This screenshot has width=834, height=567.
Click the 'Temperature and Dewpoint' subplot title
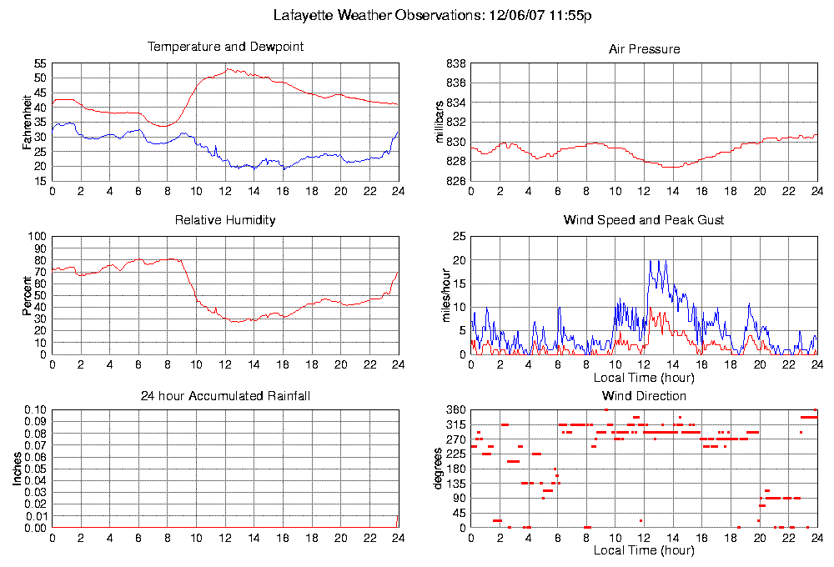point(225,47)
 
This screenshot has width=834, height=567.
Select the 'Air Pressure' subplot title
point(644,49)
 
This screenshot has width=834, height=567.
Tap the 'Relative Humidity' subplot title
point(225,220)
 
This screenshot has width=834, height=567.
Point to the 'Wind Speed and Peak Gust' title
point(644,220)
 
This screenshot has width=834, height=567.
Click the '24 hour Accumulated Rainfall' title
point(225,396)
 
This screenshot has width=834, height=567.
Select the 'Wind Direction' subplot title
point(644,396)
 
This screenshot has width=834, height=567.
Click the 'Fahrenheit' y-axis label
point(27,123)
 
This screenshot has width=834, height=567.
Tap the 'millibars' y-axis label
point(441,123)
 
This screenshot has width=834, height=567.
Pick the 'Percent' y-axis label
point(27,295)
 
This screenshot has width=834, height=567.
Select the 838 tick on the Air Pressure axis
point(455,63)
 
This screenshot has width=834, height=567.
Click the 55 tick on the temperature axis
point(41,63)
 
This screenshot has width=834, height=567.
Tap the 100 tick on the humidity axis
point(38,236)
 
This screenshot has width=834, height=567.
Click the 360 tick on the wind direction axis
point(455,410)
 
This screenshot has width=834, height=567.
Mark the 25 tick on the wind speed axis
point(458,236)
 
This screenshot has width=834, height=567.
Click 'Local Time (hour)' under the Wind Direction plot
point(644,551)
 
